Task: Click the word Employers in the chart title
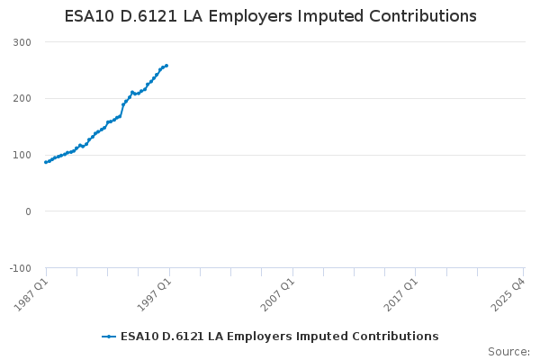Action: click(x=250, y=16)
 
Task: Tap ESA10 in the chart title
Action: click(x=89, y=16)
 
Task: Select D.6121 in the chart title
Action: click(x=148, y=16)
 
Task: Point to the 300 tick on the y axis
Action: click(x=22, y=42)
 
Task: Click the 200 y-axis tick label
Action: click(x=22, y=98)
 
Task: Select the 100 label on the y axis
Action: click(x=22, y=155)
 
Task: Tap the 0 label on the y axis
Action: click(x=28, y=211)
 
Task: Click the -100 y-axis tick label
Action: click(x=21, y=268)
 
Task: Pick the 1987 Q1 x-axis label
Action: click(x=31, y=295)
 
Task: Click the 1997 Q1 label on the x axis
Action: click(x=155, y=295)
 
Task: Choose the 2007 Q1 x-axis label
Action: click(x=278, y=295)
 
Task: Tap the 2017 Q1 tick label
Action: click(x=401, y=295)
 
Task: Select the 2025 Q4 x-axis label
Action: click(x=508, y=295)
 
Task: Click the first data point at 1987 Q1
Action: click(x=46, y=162)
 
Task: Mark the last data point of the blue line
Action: click(x=166, y=66)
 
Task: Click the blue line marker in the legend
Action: click(x=109, y=337)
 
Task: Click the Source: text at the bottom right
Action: click(x=509, y=352)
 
